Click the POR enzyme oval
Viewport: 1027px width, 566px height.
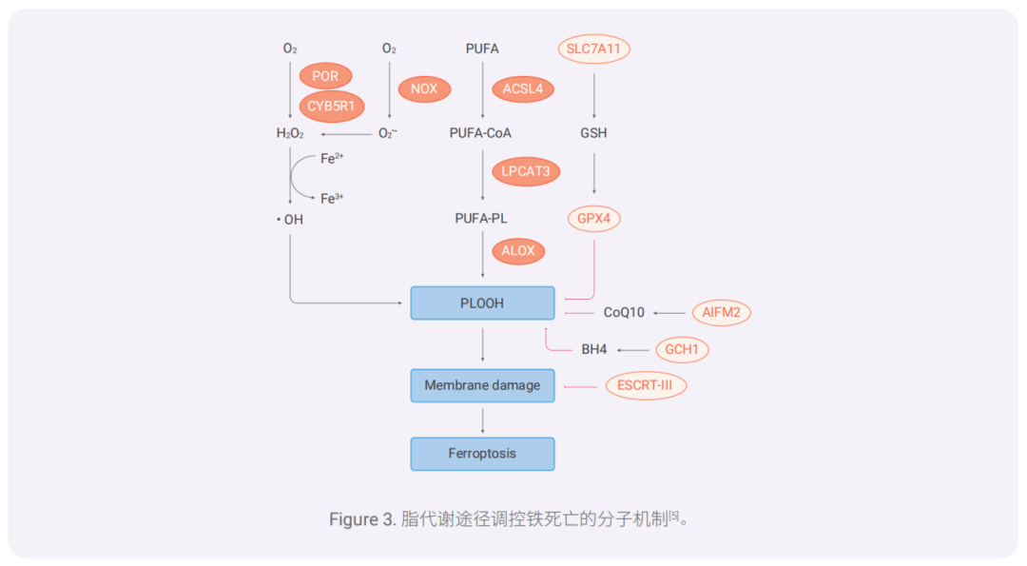click(x=325, y=76)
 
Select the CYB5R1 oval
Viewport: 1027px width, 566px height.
click(x=331, y=107)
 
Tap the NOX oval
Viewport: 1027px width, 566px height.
click(x=424, y=89)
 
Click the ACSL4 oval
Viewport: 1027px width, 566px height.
click(x=522, y=89)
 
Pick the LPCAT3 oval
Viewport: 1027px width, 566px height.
click(x=525, y=172)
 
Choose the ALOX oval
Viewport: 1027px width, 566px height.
click(x=518, y=252)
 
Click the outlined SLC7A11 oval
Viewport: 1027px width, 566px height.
click(x=593, y=49)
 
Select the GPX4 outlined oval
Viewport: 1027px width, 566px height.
click(x=594, y=219)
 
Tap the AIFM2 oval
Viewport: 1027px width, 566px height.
click(x=721, y=312)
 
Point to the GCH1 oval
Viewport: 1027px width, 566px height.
click(x=682, y=350)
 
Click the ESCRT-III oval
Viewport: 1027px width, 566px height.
click(x=646, y=386)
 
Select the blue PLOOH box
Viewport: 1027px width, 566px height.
click(x=482, y=303)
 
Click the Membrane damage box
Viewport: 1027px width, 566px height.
click(x=482, y=385)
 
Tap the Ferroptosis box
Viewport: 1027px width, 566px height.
click(x=482, y=454)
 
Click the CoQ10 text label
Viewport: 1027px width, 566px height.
click(x=624, y=312)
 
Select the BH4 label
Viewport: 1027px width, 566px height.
click(x=594, y=350)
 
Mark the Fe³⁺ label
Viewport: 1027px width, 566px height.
click(x=332, y=199)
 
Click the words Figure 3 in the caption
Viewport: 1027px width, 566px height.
click(x=361, y=519)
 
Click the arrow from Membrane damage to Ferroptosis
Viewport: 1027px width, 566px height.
click(x=483, y=420)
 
